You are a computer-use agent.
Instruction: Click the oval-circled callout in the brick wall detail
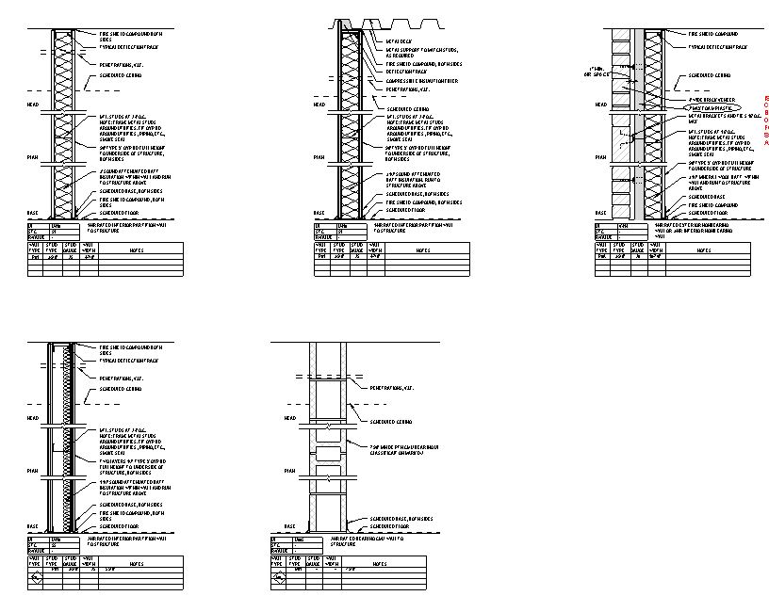click(709, 108)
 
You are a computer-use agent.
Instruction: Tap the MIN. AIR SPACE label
click(596, 72)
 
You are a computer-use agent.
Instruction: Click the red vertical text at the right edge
click(765, 121)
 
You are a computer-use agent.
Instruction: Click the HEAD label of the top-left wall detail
click(33, 105)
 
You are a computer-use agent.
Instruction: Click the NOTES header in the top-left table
click(137, 250)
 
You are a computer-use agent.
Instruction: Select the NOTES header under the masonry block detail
click(380, 564)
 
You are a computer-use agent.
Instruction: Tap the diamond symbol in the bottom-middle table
click(279, 579)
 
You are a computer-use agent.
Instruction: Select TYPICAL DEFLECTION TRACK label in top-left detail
click(132, 46)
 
